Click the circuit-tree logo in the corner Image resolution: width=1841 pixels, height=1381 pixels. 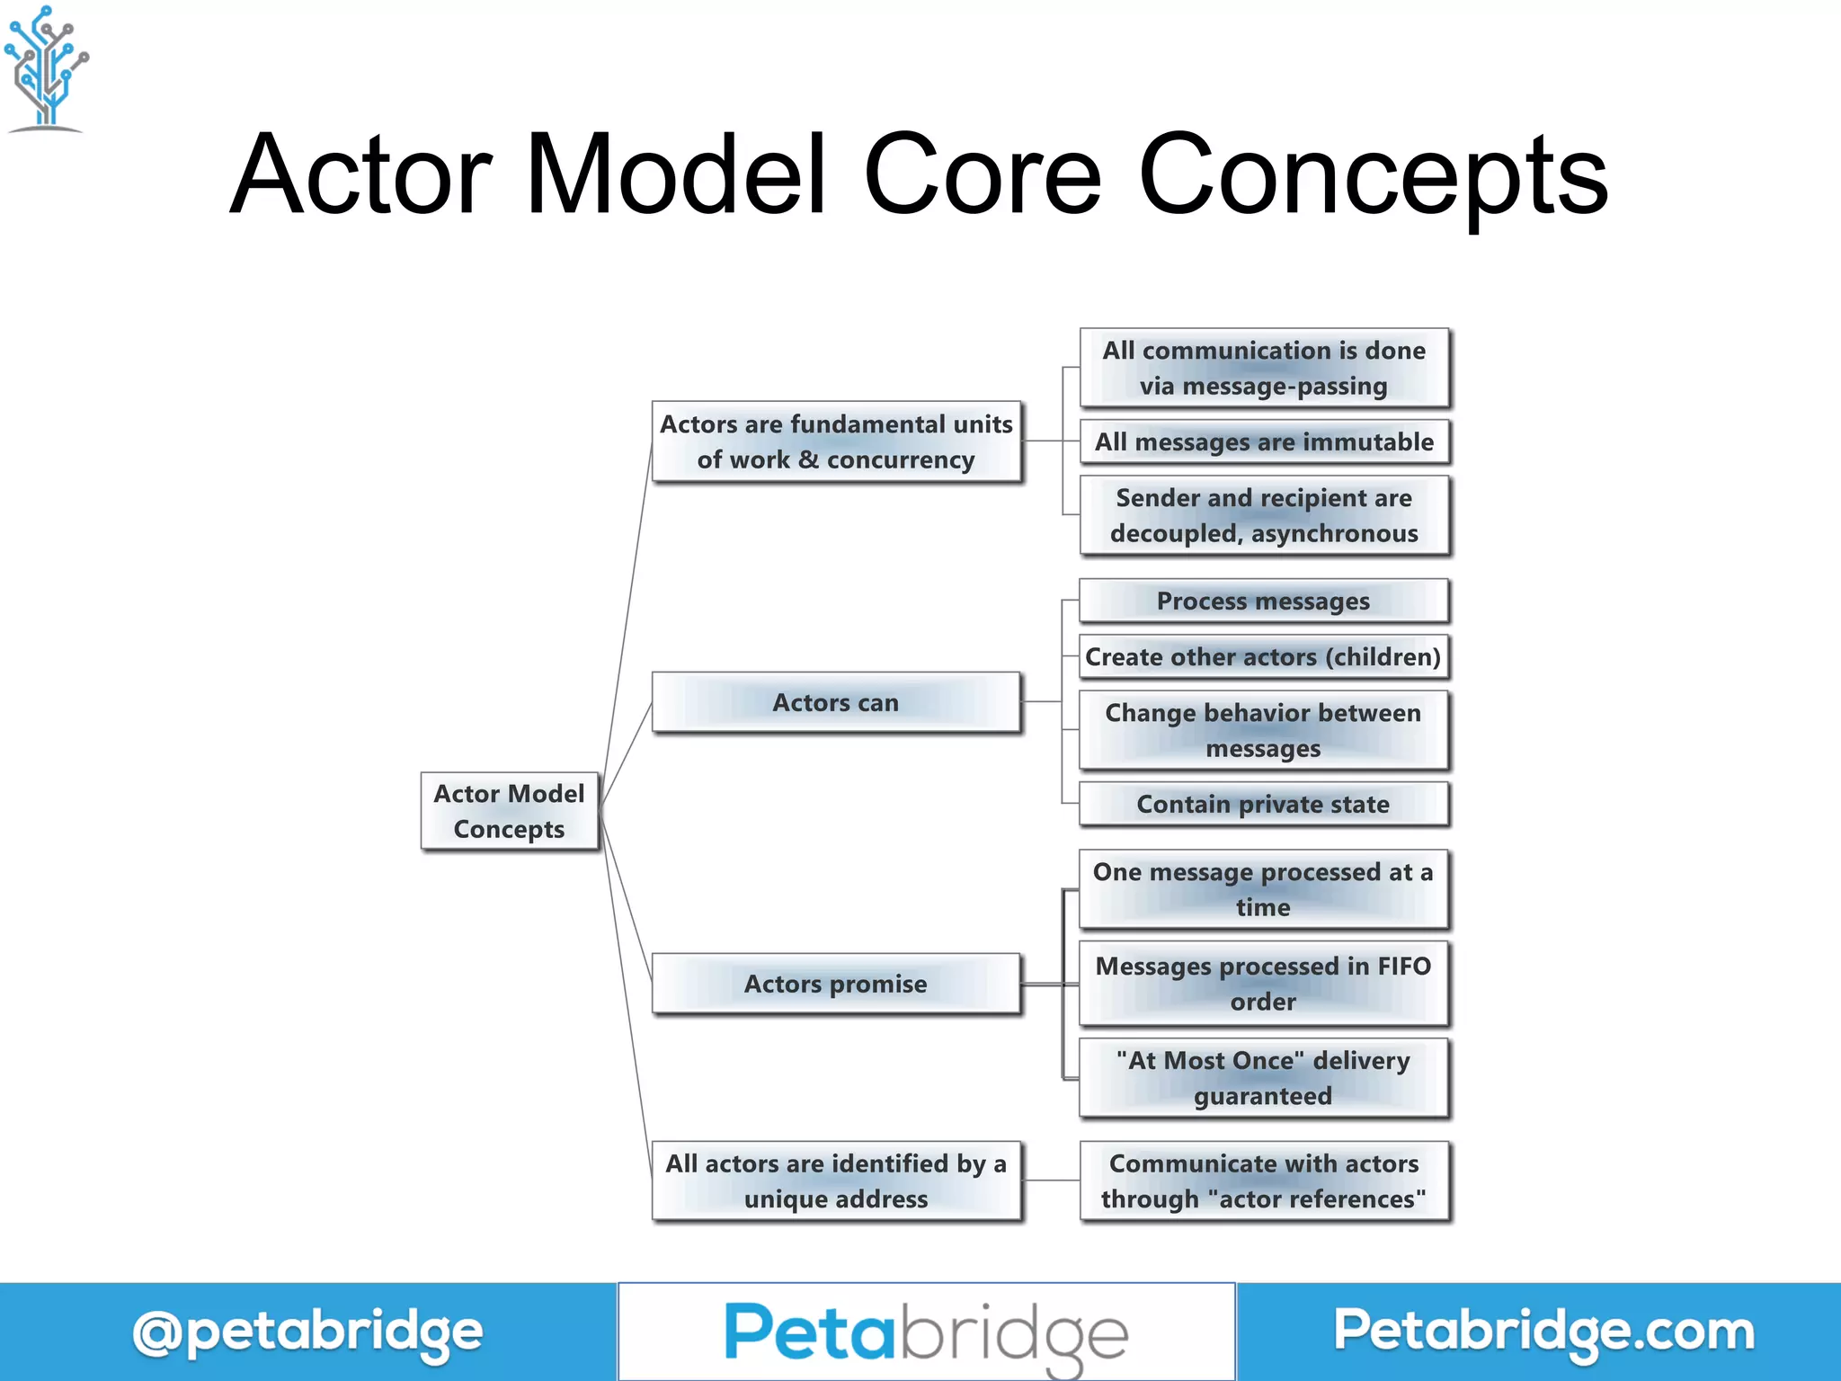click(x=47, y=68)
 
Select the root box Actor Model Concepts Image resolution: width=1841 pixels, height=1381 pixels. click(x=509, y=811)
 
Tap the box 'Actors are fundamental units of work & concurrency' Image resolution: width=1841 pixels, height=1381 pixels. click(x=836, y=442)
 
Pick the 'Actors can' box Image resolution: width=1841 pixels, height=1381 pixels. click(x=836, y=702)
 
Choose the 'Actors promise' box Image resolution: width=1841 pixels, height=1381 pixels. click(x=836, y=984)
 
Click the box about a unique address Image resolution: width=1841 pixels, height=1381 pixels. click(x=836, y=1181)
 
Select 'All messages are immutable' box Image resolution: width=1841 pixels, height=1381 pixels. click(x=1264, y=442)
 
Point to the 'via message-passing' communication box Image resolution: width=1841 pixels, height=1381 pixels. click(x=1264, y=368)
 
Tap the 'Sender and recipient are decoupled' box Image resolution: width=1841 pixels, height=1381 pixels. click(x=1264, y=515)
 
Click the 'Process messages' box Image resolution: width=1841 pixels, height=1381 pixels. click(x=1264, y=601)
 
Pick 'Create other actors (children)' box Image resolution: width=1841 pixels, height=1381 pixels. click(x=1264, y=657)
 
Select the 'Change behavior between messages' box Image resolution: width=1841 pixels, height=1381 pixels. click(x=1264, y=730)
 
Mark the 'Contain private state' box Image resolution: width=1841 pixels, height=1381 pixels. click(x=1264, y=804)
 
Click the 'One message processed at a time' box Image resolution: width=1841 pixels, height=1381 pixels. click(x=1264, y=889)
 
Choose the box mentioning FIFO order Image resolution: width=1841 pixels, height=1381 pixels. click(x=1264, y=984)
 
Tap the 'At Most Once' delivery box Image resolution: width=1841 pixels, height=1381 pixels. click(x=1264, y=1078)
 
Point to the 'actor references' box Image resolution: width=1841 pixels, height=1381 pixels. click(x=1264, y=1181)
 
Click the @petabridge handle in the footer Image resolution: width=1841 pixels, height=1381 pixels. click(x=307, y=1332)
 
